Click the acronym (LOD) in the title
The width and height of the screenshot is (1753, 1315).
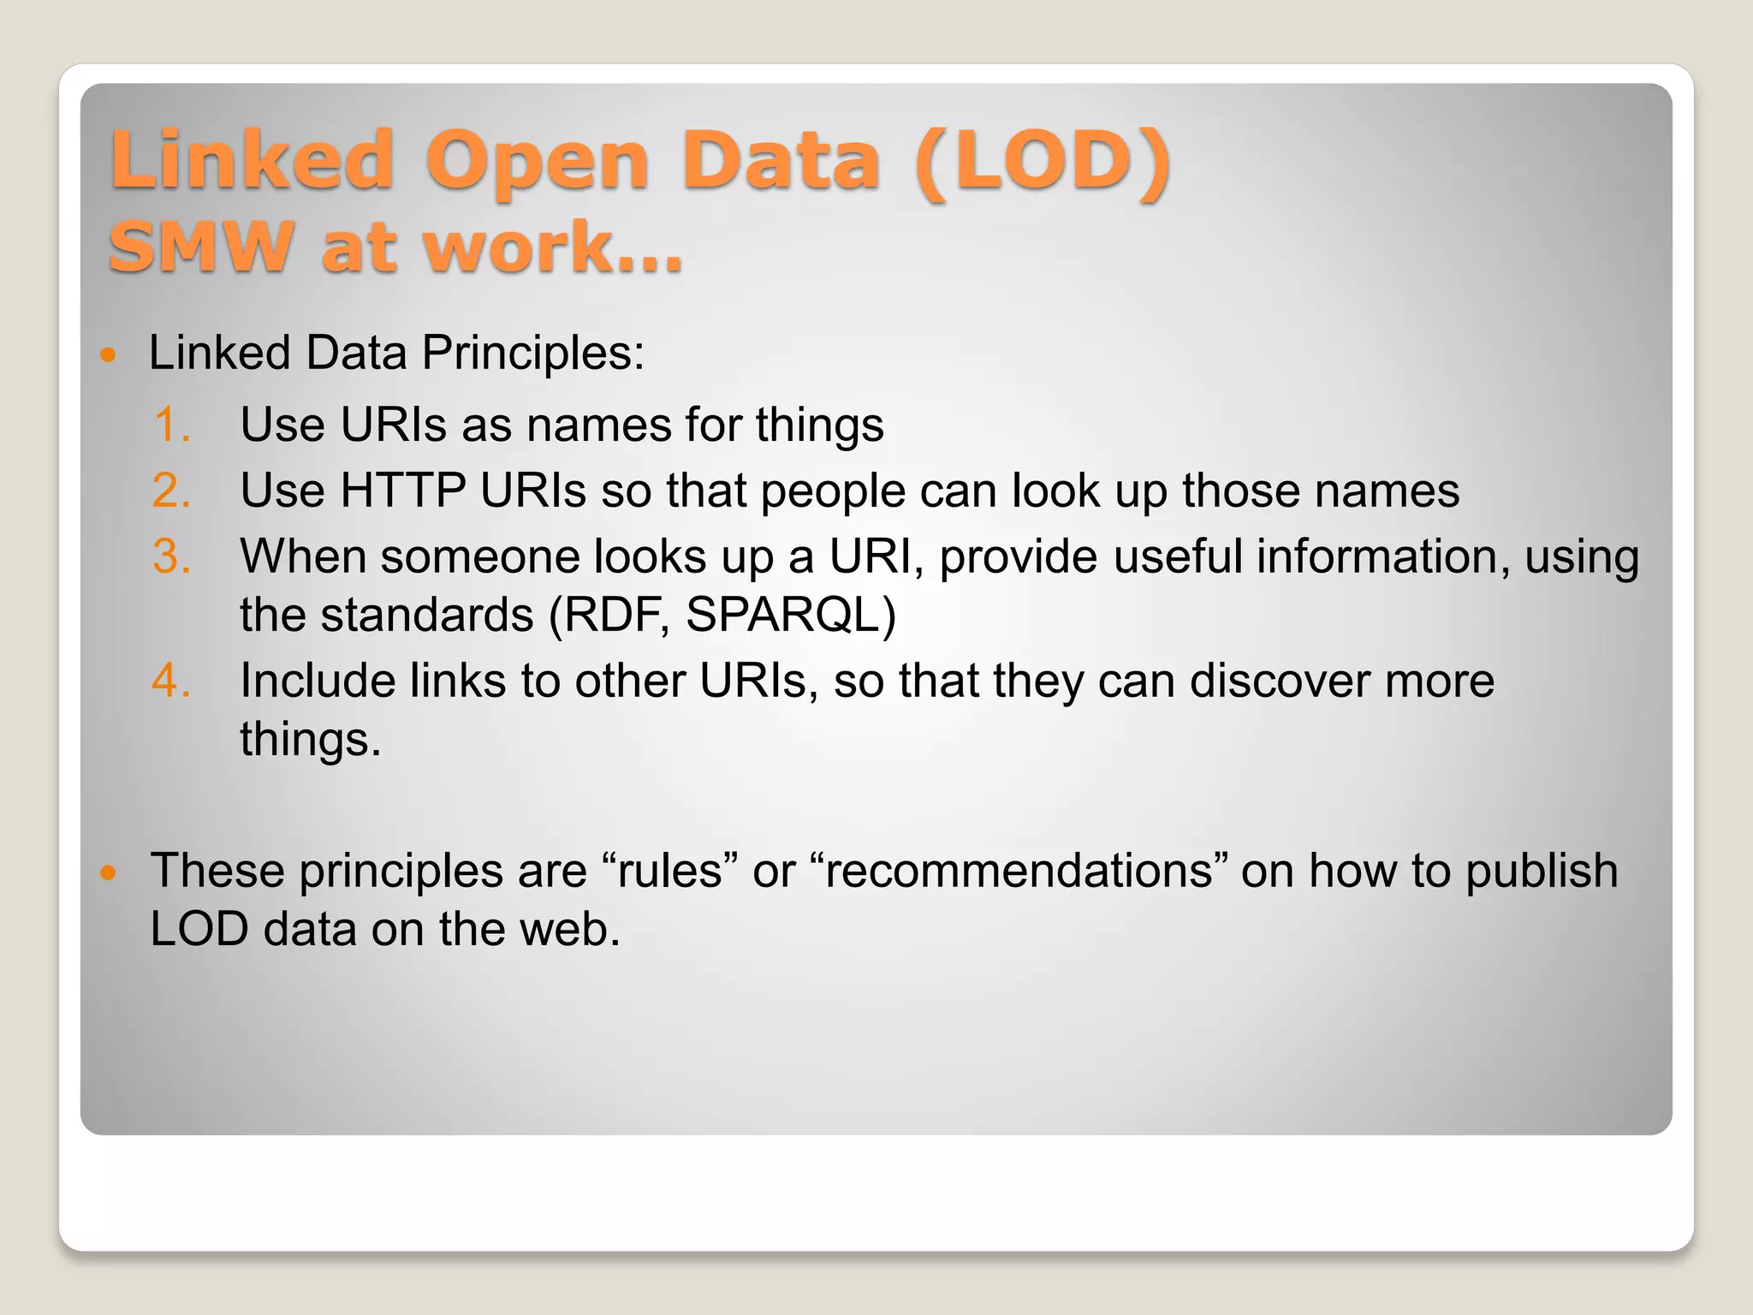(x=1043, y=161)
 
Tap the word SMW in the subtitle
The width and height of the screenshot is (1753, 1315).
(x=202, y=247)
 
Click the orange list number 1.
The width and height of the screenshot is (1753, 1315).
(x=171, y=425)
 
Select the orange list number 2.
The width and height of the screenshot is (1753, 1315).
(x=171, y=491)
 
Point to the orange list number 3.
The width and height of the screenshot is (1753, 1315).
(x=171, y=556)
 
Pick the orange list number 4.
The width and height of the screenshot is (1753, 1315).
(x=171, y=681)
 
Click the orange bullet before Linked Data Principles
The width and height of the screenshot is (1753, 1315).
(x=108, y=354)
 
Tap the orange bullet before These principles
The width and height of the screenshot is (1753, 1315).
(x=108, y=872)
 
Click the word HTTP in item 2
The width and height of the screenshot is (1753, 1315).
(x=402, y=491)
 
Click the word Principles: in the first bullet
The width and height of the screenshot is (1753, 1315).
(x=532, y=354)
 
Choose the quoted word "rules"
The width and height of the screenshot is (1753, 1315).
(x=670, y=871)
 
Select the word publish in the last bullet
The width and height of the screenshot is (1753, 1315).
(x=1541, y=872)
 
